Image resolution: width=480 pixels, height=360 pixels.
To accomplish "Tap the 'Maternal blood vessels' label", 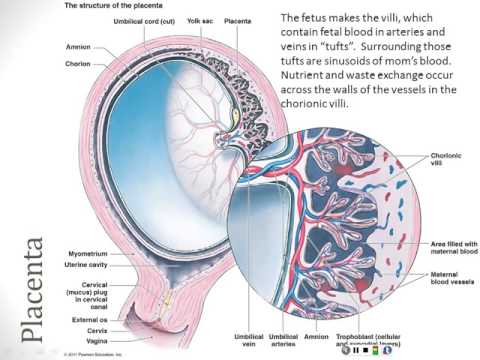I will click(x=447, y=269).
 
